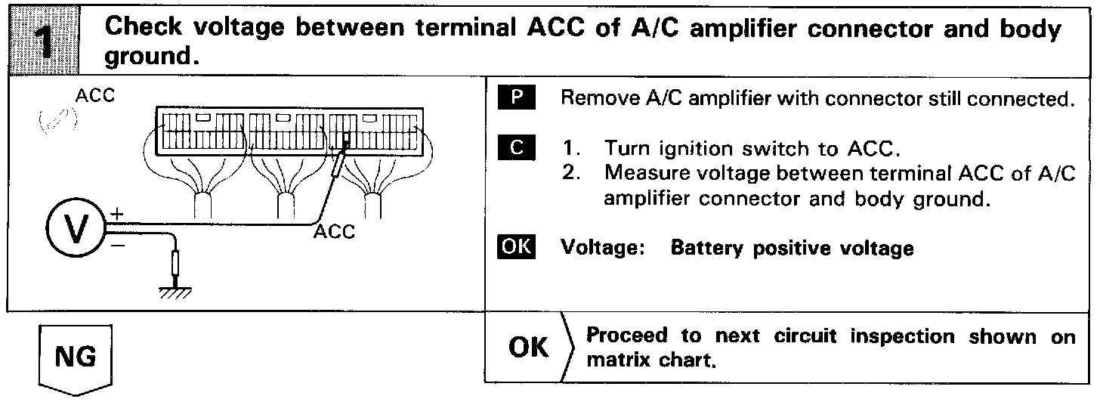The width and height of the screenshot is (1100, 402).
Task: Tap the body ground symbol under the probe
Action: [176, 291]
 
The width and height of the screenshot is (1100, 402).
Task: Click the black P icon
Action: [518, 100]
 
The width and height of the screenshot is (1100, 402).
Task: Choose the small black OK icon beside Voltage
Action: [518, 247]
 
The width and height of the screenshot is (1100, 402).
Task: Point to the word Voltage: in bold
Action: [601, 248]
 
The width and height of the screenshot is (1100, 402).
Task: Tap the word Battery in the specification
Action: [700, 248]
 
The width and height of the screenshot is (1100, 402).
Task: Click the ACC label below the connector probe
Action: [334, 233]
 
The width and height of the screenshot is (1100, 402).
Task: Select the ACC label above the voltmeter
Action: [94, 97]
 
